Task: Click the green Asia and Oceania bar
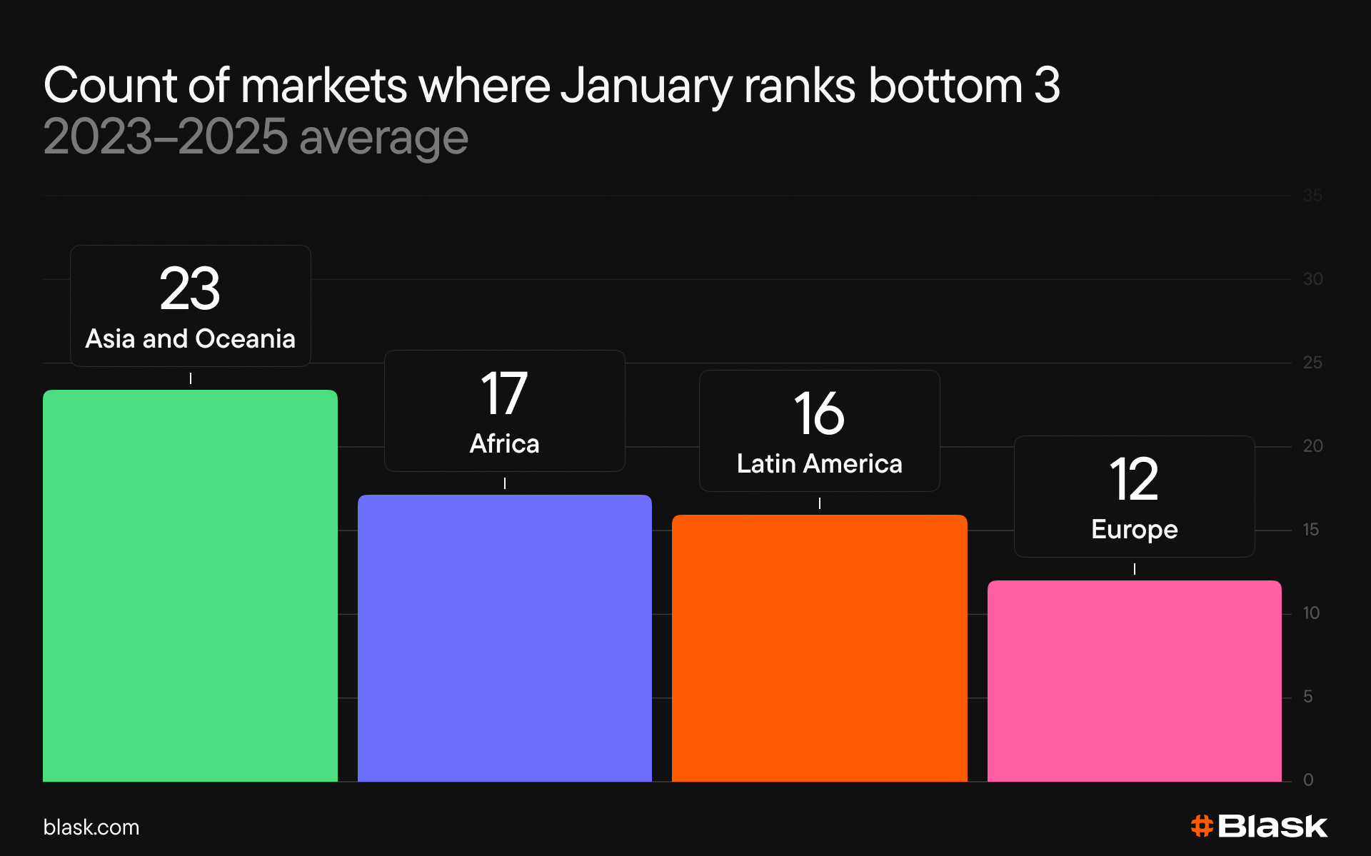click(190, 585)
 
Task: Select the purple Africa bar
click(505, 638)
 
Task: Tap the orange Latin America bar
click(820, 648)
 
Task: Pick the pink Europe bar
click(1135, 681)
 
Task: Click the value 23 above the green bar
click(190, 288)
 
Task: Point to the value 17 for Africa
click(504, 393)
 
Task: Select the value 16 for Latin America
click(819, 413)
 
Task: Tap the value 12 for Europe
click(1134, 479)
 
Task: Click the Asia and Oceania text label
click(190, 338)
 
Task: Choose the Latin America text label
click(820, 463)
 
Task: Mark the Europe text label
click(1135, 530)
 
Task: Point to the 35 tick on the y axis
click(1312, 196)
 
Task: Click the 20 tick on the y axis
click(1312, 446)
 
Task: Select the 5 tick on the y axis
click(1308, 697)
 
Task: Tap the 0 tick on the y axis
click(1308, 780)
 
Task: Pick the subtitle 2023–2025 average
click(256, 137)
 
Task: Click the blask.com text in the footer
click(91, 827)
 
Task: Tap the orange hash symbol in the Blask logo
click(1202, 826)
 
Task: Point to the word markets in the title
click(324, 86)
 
